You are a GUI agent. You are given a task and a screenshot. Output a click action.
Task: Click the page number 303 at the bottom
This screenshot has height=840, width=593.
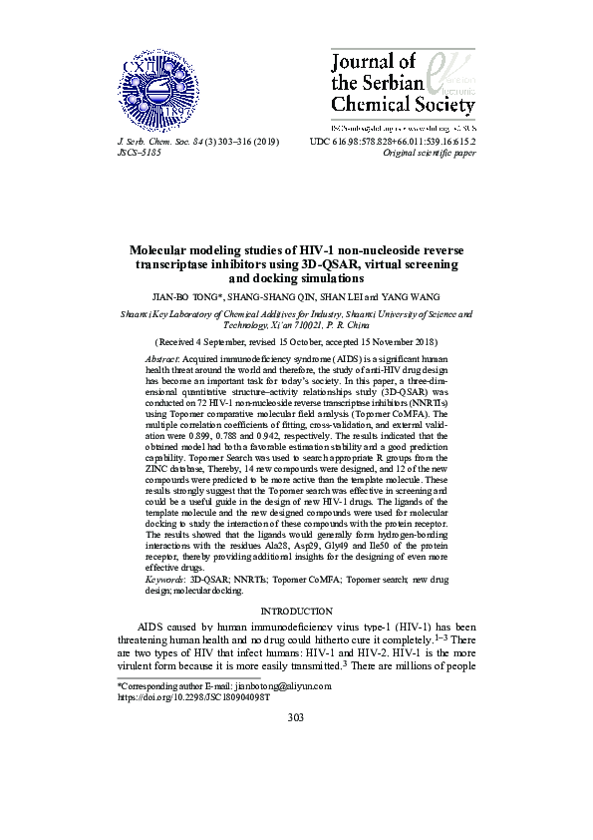point(296,745)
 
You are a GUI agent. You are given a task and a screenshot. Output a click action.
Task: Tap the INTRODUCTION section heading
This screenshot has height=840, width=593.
point(296,611)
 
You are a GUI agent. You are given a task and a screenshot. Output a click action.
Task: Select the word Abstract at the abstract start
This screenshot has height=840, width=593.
point(161,357)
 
